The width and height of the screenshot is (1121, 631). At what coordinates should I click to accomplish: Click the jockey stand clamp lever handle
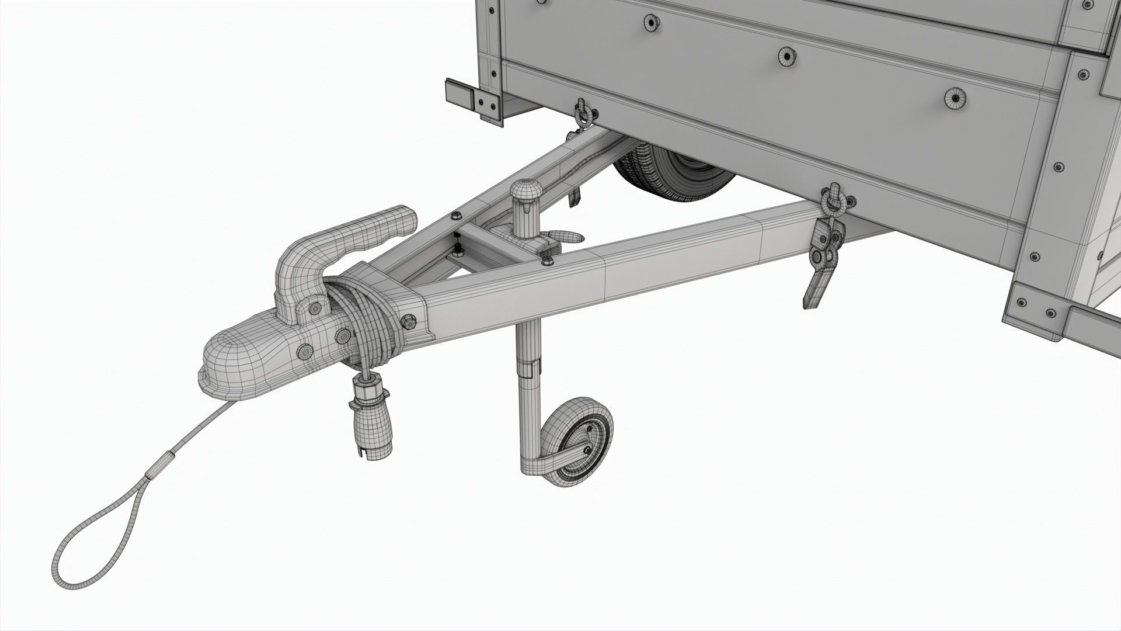point(566,235)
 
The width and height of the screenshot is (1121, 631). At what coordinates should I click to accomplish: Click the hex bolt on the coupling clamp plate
point(408,321)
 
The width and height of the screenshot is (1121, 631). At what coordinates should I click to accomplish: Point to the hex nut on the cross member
point(548,261)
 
